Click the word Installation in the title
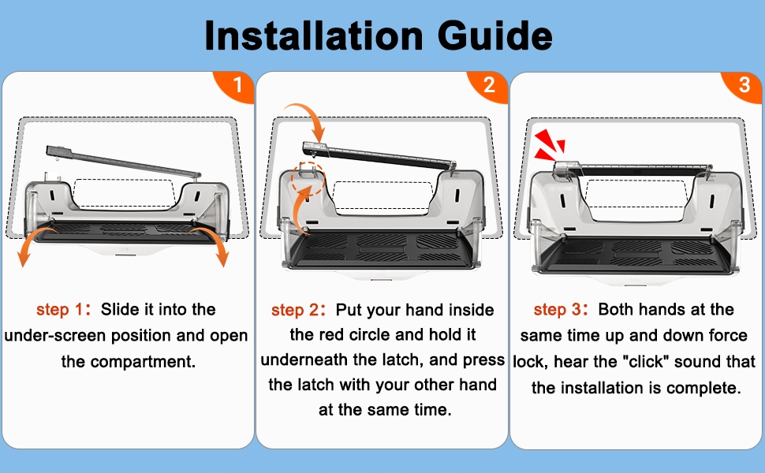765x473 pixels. tap(314, 35)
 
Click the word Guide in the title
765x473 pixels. tap(494, 35)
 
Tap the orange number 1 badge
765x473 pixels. tap(236, 85)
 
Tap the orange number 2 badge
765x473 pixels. tap(489, 85)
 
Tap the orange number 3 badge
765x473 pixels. tap(744, 85)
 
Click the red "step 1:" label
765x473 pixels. tap(63, 309)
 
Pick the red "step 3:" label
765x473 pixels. tap(561, 309)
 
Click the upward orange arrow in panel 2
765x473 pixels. tap(304, 205)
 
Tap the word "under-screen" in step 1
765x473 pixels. tap(55, 336)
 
